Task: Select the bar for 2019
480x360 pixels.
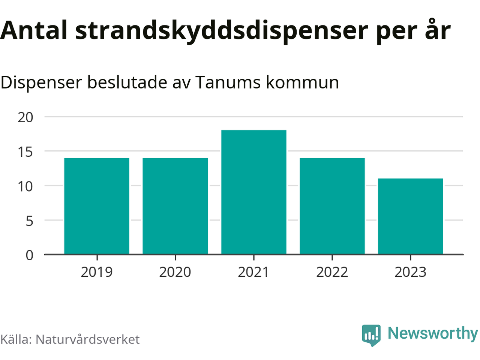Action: [97, 206]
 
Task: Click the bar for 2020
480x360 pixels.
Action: [175, 206]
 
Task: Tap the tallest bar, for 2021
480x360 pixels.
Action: [254, 192]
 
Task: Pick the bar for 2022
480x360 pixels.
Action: [332, 206]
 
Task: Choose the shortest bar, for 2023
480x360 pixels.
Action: [411, 216]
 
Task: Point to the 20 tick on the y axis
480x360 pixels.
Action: [25, 117]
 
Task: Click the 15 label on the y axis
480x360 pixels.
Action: [25, 152]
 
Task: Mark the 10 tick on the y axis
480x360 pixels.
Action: [25, 186]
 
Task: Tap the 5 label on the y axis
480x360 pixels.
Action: [30, 221]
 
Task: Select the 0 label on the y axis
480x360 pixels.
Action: [30, 255]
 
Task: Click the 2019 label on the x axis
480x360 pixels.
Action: [97, 272]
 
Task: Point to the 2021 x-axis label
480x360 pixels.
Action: [254, 272]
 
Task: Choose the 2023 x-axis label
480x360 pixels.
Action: [411, 272]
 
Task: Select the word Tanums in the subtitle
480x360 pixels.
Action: [228, 82]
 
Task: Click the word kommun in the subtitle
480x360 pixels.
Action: [303, 82]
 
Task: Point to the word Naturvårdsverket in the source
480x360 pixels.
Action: [87, 339]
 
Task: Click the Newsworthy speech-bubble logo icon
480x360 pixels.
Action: [371, 335]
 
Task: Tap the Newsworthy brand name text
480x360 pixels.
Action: [433, 333]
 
